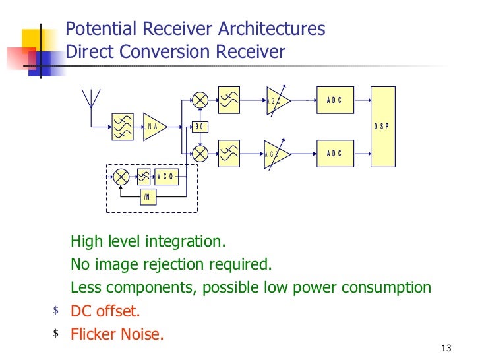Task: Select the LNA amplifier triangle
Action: (x=154, y=126)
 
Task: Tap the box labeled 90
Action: (x=199, y=126)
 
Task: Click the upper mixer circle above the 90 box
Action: (x=200, y=100)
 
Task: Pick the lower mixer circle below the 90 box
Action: (x=200, y=153)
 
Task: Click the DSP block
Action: (x=382, y=126)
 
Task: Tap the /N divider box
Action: (x=148, y=197)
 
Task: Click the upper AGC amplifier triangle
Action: (x=276, y=100)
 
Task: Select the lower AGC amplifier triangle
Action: (x=276, y=154)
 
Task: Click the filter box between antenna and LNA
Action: (x=122, y=126)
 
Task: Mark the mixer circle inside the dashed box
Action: (x=121, y=177)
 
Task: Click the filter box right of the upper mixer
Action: (x=230, y=100)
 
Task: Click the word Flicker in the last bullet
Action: (x=92, y=334)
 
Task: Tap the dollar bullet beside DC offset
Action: (x=56, y=310)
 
